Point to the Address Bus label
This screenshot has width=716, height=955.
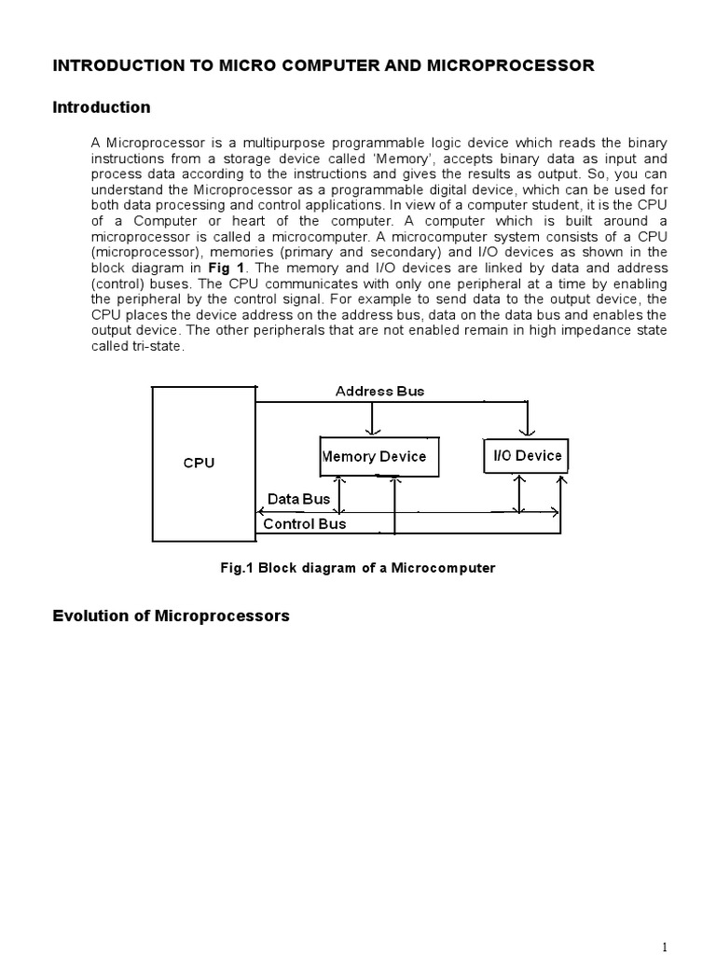tap(379, 391)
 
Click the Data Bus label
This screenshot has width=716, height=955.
tap(298, 499)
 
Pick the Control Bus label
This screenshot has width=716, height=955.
tap(304, 524)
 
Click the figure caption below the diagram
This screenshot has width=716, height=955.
tap(357, 568)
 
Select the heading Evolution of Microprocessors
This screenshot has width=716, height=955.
tap(171, 616)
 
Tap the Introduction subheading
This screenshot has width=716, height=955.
tap(102, 107)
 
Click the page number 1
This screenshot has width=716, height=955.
tap(664, 947)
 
